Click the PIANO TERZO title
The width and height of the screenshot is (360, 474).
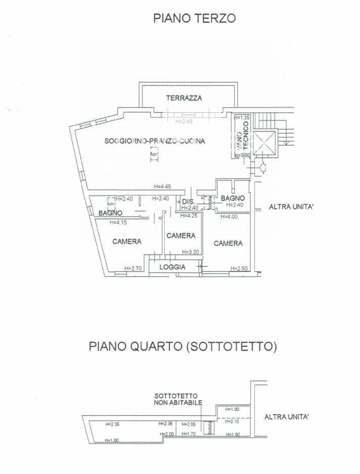(x=195, y=19)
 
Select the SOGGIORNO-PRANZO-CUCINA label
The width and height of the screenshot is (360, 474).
(x=155, y=141)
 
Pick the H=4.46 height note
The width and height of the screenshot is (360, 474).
(x=163, y=186)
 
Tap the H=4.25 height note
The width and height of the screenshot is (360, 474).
(x=189, y=216)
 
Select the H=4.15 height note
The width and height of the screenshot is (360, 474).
(x=119, y=222)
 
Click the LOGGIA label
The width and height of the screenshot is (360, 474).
(x=173, y=267)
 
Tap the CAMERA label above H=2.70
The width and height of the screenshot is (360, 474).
(x=127, y=242)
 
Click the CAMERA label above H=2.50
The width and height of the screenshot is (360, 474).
(x=228, y=244)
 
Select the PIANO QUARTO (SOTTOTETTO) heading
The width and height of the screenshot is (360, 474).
(x=184, y=347)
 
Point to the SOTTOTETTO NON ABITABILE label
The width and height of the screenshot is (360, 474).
(x=178, y=399)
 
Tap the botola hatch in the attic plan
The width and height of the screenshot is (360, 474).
(x=210, y=428)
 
